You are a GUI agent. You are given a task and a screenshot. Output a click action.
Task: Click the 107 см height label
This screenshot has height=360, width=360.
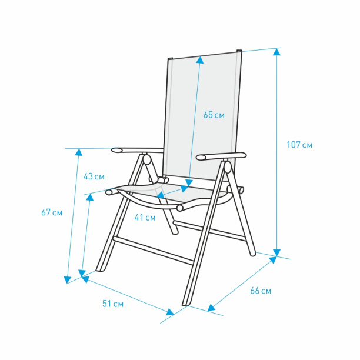pos(299,145)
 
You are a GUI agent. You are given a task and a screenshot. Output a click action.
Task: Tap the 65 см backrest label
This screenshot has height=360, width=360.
pos(214,115)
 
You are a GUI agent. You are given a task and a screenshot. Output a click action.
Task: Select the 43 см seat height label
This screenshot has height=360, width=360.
pos(94,176)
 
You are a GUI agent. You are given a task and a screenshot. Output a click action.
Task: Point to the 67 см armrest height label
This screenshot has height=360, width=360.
pos(52,212)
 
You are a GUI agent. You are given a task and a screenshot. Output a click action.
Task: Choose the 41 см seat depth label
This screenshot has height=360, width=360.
pos(145,217)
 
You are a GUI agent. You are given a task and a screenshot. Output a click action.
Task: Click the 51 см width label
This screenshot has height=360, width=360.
pos(113,304)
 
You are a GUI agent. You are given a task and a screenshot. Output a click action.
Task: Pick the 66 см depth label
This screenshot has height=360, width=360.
pos(261,291)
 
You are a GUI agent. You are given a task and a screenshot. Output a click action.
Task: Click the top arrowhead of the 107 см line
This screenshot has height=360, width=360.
pos(276,52)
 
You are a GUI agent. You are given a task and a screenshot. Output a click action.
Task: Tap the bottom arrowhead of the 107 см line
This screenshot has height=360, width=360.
pos(276,252)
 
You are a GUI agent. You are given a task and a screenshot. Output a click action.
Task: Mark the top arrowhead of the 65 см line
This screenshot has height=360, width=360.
pos(200,60)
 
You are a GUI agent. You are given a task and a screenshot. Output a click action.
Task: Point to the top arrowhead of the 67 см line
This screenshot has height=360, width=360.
pos(79,152)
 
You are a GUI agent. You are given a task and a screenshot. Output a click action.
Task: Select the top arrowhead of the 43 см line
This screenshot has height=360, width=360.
pos(90,197)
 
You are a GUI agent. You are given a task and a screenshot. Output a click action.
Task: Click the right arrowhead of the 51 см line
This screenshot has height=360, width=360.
pos(170,312)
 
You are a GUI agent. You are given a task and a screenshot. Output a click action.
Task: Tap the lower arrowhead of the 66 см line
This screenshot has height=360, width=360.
pos(211,308)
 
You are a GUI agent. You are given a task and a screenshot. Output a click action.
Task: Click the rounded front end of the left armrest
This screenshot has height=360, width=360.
pos(117,151)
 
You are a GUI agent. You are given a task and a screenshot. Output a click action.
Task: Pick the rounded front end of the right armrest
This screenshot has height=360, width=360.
pos(202,158)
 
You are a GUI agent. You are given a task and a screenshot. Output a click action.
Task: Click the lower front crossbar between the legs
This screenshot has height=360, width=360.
pos(154,251)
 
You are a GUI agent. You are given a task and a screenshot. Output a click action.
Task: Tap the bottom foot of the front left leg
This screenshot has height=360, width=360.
pos(100,269)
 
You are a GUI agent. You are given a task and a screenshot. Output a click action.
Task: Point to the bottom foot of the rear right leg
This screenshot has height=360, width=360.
pos(253,254)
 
